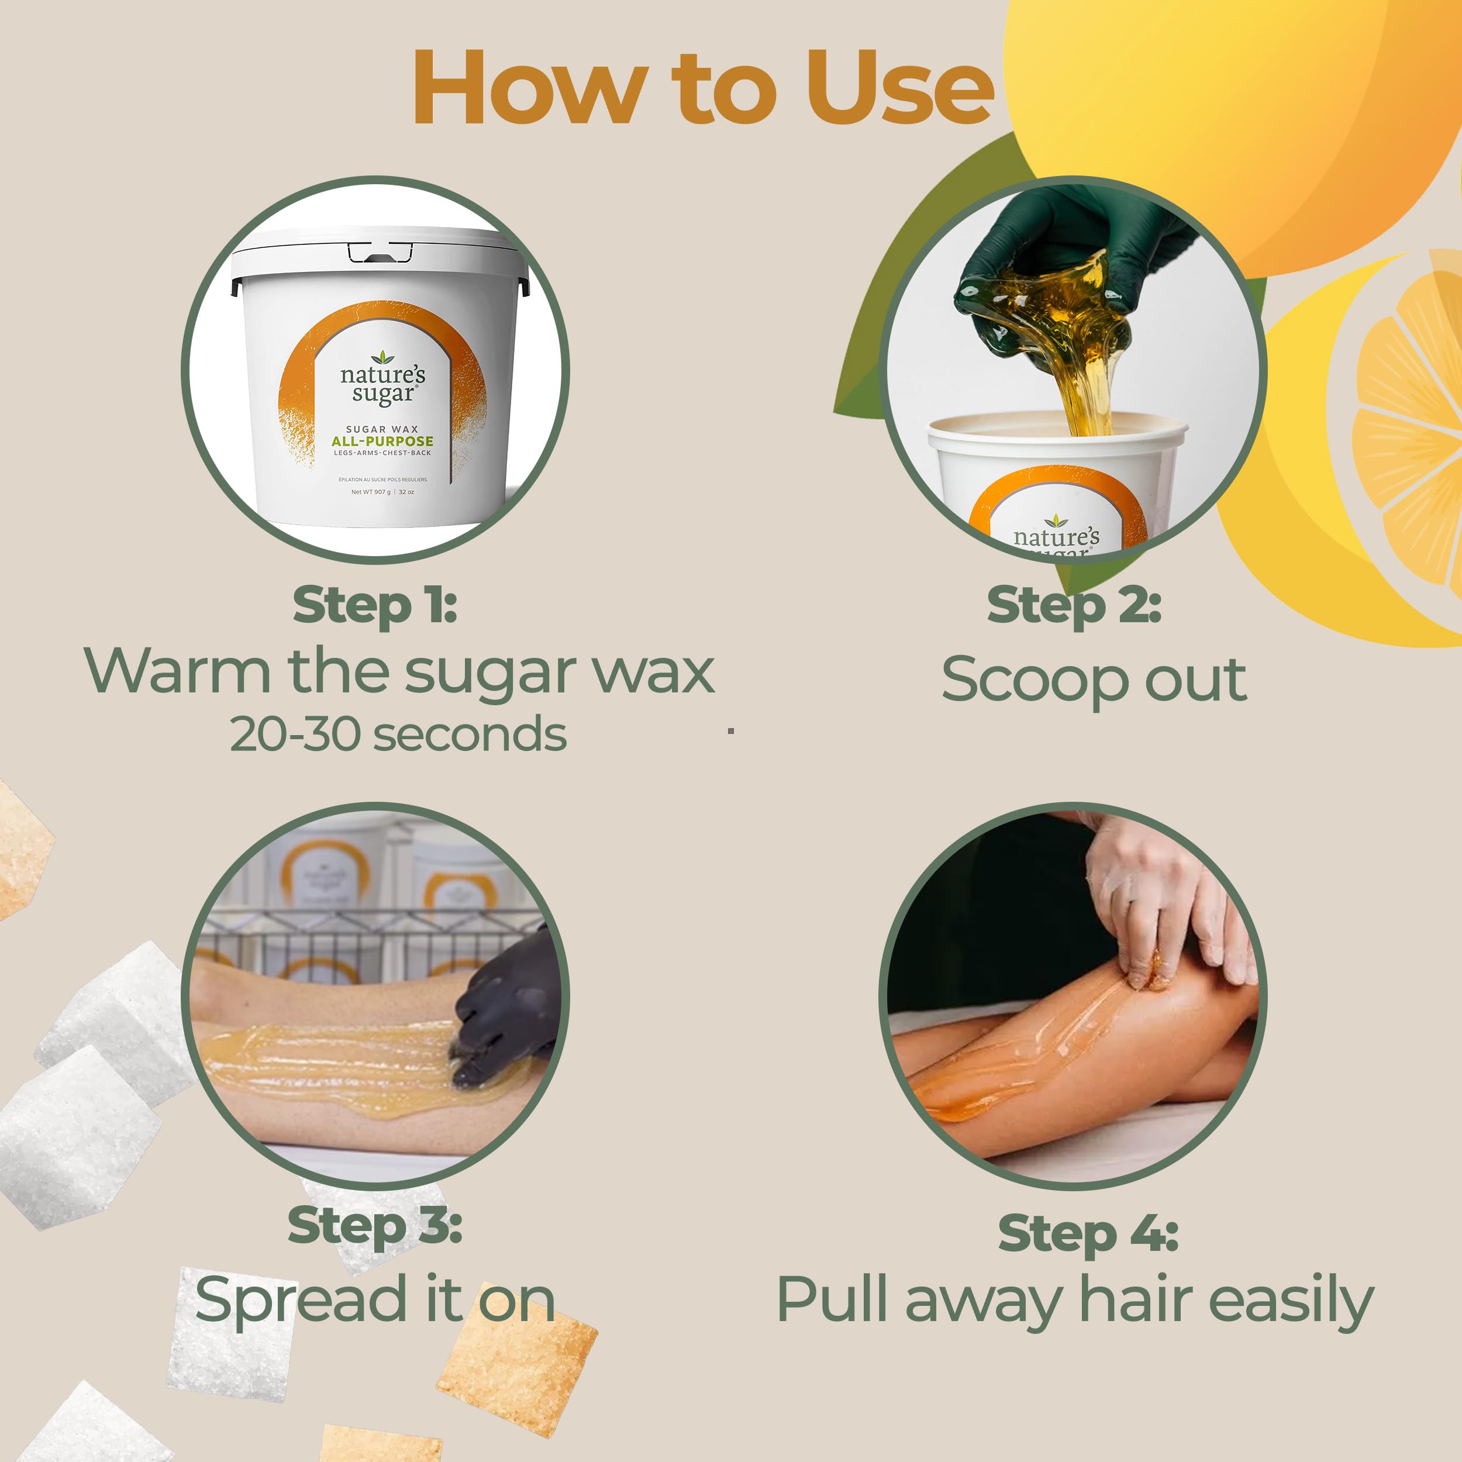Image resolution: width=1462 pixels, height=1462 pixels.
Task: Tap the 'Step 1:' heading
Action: click(x=375, y=606)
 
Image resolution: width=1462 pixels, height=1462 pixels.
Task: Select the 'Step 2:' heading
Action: click(x=1074, y=606)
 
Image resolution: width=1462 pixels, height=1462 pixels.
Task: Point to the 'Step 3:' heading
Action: click(x=375, y=1225)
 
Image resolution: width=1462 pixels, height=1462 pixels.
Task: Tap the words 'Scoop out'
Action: click(x=1094, y=680)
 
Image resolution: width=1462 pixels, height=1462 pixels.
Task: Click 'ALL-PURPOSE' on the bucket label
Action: click(x=382, y=441)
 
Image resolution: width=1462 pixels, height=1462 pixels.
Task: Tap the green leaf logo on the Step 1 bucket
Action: click(x=383, y=356)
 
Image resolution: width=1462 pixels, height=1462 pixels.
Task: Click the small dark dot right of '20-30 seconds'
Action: click(x=731, y=731)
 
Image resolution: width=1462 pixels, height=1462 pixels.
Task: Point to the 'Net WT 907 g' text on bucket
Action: click(x=371, y=492)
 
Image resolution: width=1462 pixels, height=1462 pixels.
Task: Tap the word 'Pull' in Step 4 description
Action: click(x=831, y=1299)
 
